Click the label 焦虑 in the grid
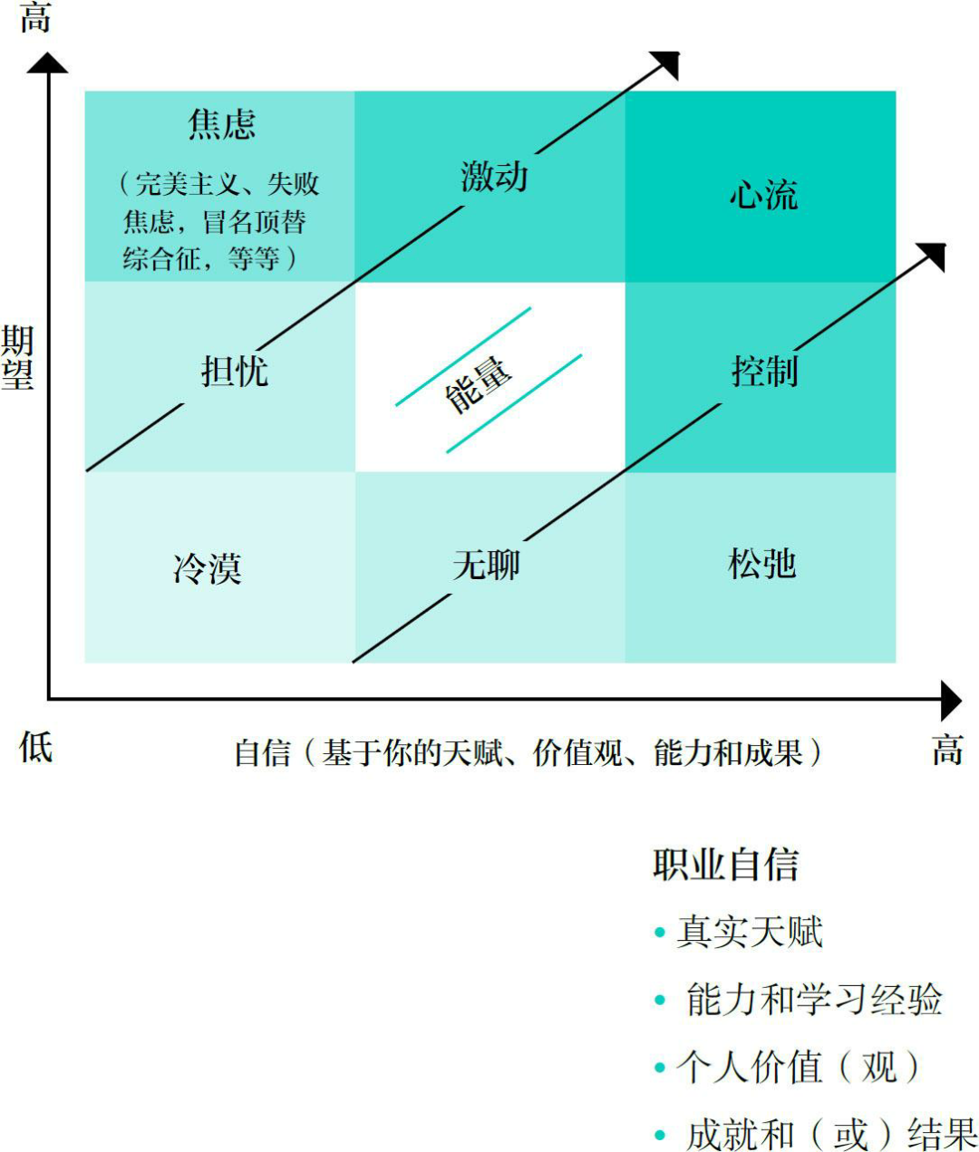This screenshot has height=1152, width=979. pyautogui.click(x=222, y=124)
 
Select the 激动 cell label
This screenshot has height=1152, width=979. pyautogui.click(x=494, y=175)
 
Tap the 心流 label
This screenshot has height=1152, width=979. pyautogui.click(x=763, y=195)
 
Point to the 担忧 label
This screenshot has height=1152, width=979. pyautogui.click(x=234, y=371)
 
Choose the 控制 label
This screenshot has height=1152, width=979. pyautogui.click(x=764, y=371)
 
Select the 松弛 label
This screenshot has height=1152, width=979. pyautogui.click(x=761, y=564)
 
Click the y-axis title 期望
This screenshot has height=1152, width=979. pyautogui.click(x=17, y=357)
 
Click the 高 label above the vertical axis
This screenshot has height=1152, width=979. pyautogui.click(x=35, y=18)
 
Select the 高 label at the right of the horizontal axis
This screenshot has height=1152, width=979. pyautogui.click(x=947, y=750)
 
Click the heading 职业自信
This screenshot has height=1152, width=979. pyautogui.click(x=725, y=865)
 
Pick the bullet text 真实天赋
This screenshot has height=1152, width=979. pyautogui.click(x=750, y=932)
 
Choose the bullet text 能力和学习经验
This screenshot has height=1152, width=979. pyautogui.click(x=814, y=999)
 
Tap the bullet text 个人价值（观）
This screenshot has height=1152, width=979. pyautogui.click(x=798, y=1067)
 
